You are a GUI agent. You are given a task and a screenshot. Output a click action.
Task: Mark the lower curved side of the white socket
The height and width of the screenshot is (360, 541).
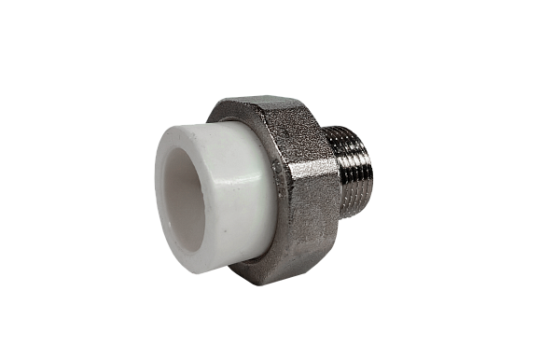[224, 265]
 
